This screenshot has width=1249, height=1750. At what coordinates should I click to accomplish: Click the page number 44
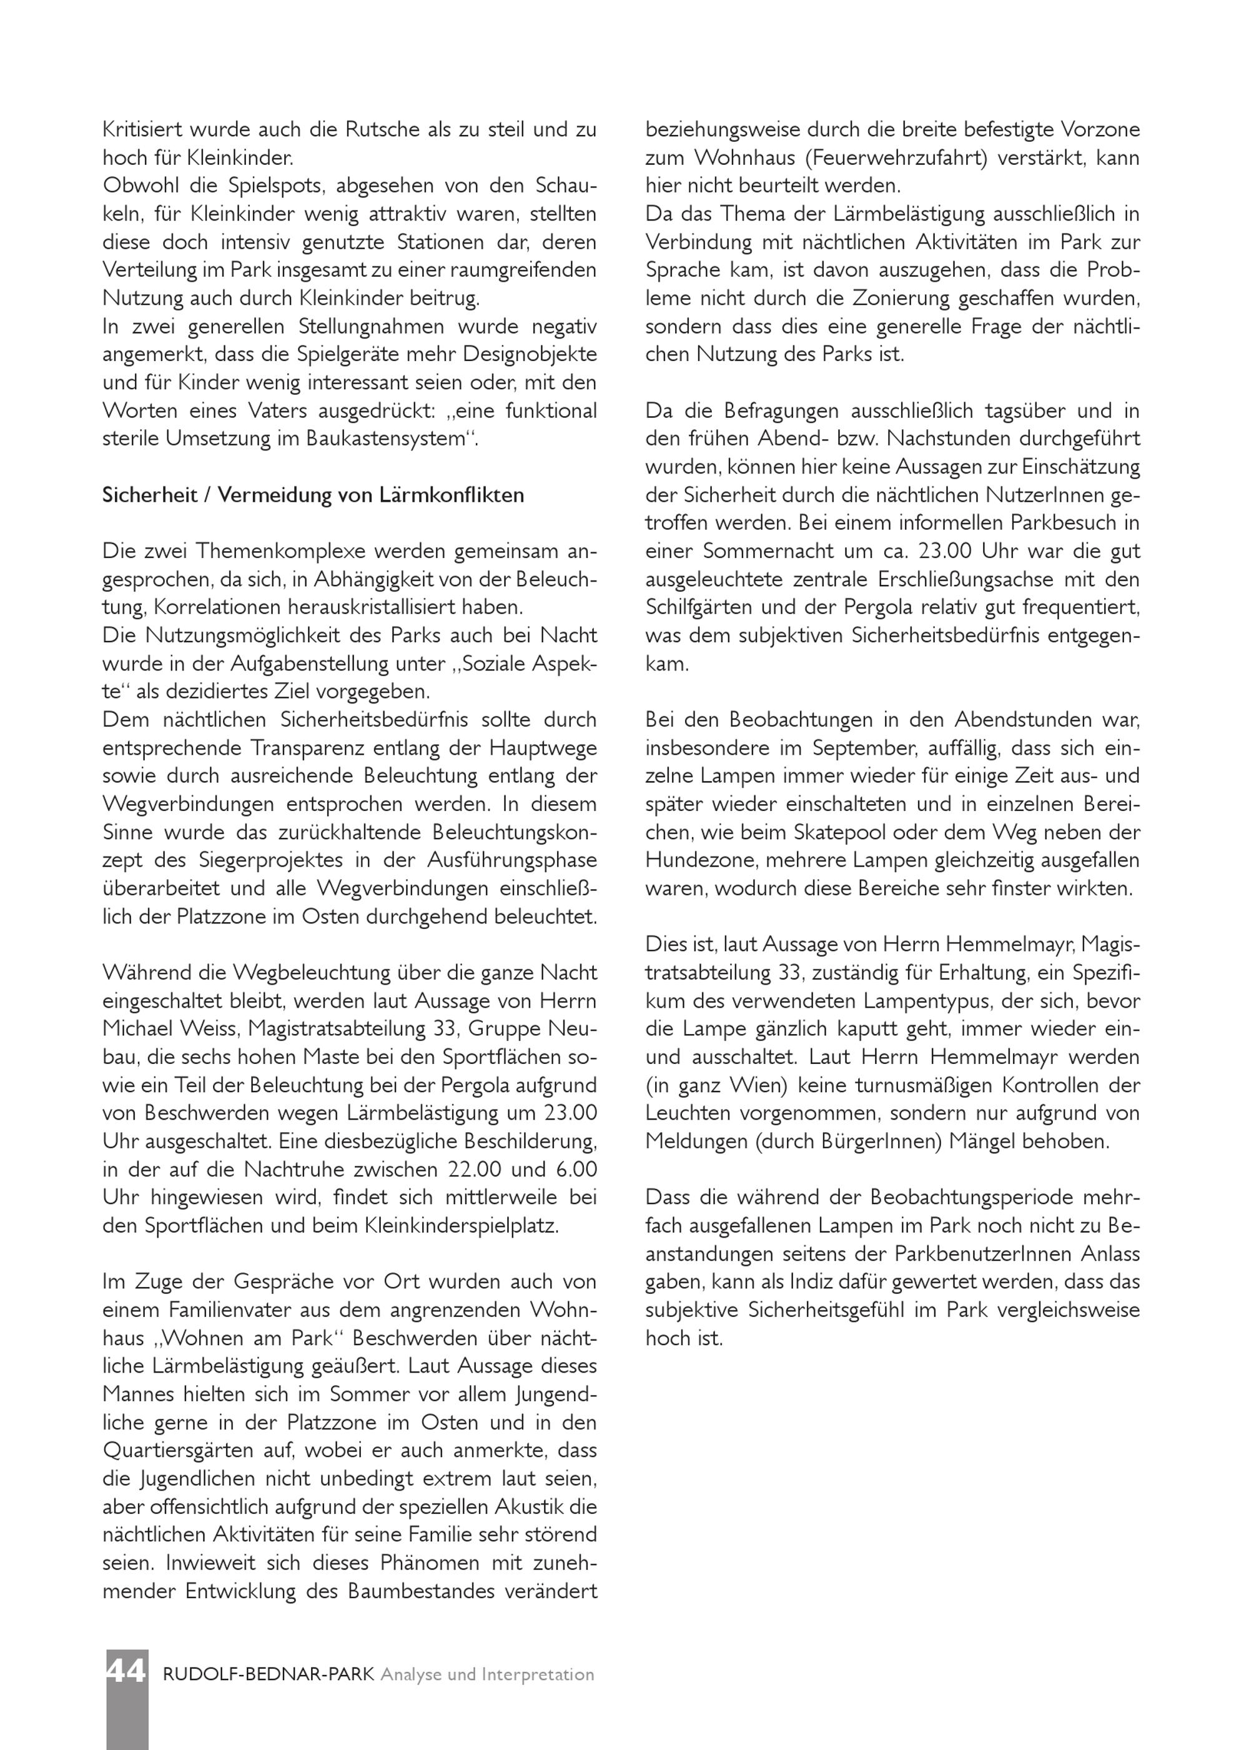(126, 1674)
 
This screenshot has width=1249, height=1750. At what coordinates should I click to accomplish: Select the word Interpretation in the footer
(538, 1674)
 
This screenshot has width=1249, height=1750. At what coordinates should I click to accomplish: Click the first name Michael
(140, 1029)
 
